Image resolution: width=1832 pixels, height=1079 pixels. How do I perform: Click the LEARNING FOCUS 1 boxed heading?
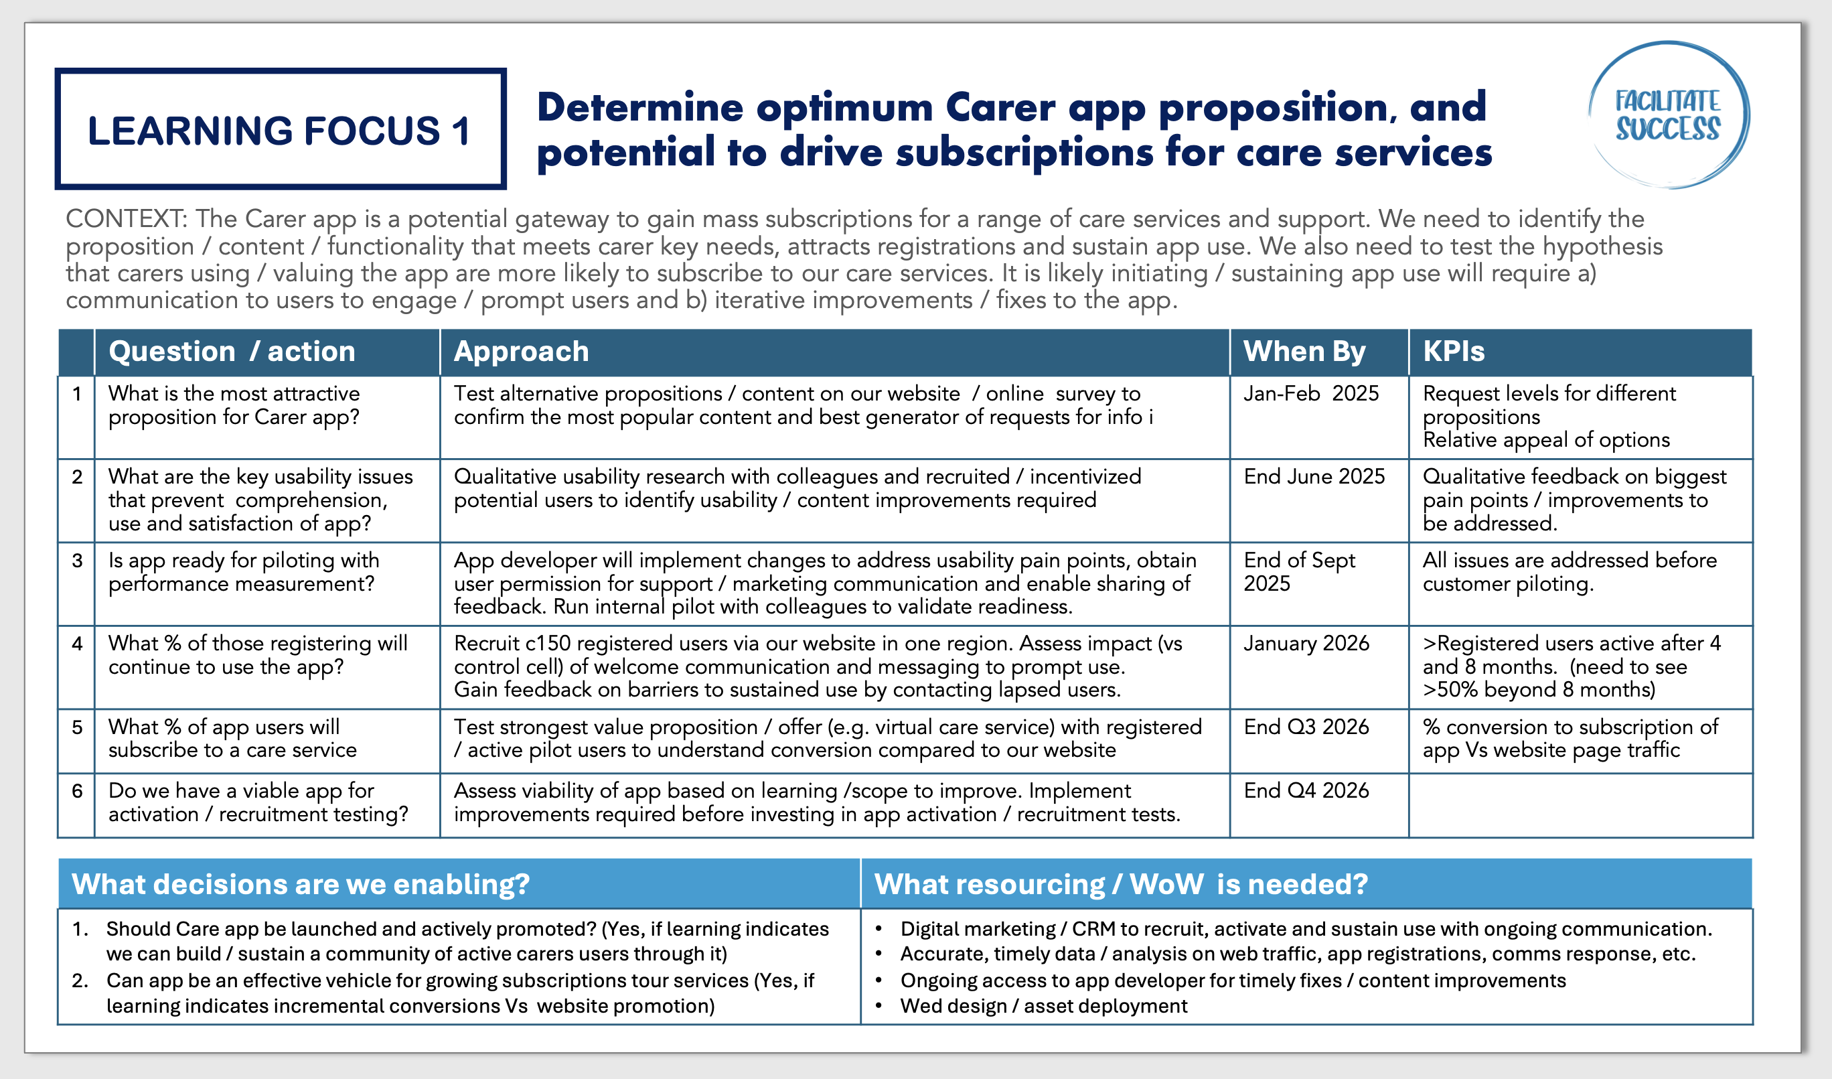280,129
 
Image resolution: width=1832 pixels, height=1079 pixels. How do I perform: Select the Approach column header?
521,352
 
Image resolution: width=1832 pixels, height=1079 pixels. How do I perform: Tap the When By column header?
1304,352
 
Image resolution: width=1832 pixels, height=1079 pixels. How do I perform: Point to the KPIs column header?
1454,352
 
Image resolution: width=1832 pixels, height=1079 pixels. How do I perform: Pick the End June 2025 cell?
1314,477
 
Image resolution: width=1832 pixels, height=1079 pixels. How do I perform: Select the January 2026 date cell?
1306,644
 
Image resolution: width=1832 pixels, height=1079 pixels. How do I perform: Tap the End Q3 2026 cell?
1306,727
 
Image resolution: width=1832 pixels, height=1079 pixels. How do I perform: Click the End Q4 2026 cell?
1306,791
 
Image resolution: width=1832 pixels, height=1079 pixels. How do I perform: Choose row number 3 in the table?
77,561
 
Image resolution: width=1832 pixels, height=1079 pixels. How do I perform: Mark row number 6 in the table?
77,791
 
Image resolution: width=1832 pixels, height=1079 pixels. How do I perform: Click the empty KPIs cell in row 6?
1580,805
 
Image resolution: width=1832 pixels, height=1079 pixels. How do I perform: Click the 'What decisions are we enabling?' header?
301,884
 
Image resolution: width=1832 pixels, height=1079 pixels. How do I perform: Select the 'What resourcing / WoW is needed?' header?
1121,884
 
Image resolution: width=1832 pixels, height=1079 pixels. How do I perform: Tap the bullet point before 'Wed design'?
879,1006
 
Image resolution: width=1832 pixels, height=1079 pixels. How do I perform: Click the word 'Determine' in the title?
639,108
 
